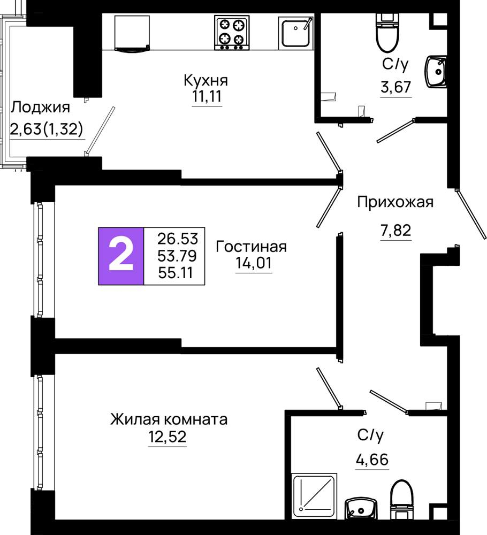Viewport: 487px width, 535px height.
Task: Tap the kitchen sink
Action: tap(296, 33)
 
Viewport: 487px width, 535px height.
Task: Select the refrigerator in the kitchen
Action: tap(132, 33)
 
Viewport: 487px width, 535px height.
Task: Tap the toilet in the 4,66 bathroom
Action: tap(402, 500)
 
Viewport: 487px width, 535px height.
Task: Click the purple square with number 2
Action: tap(121, 256)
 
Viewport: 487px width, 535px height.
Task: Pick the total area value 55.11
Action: tap(176, 273)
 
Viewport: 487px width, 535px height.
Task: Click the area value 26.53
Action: tap(178, 239)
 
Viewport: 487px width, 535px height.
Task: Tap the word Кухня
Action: tap(206, 81)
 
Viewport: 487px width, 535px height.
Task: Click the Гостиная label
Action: tap(252, 246)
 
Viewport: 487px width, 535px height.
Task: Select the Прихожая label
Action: tap(395, 202)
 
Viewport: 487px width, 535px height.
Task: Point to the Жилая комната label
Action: tap(169, 419)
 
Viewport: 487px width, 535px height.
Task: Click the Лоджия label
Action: tap(41, 108)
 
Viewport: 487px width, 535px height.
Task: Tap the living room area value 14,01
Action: tap(254, 263)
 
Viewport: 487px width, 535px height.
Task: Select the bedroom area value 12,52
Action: tap(167, 437)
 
